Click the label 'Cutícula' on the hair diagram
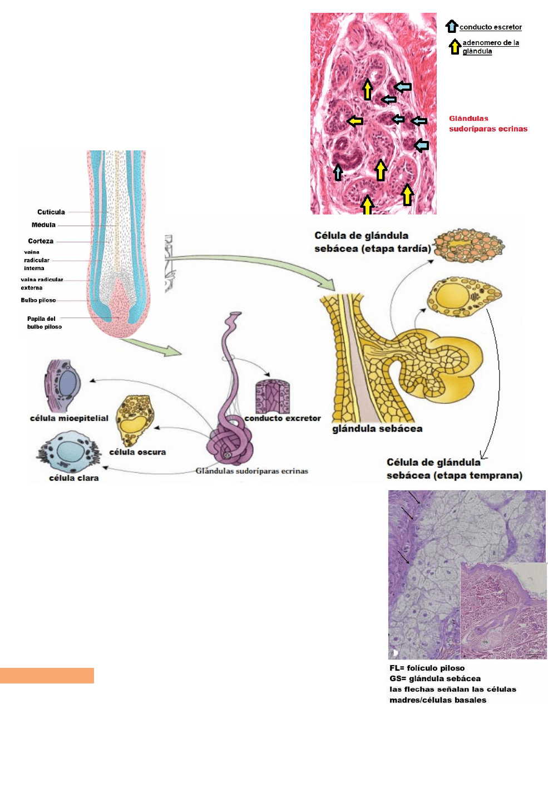[x=51, y=212]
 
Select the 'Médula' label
[x=43, y=225]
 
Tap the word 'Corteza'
[x=41, y=241]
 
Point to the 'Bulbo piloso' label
[x=38, y=300]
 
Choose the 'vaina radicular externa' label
[x=41, y=284]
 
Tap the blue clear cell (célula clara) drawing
[x=70, y=453]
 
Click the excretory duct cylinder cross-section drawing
[x=273, y=396]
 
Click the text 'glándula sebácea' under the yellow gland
[x=377, y=429]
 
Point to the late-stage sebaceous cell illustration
[x=468, y=245]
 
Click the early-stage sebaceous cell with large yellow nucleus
[x=463, y=295]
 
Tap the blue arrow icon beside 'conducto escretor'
[x=451, y=26]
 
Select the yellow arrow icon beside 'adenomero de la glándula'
[x=455, y=47]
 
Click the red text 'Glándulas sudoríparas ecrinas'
[x=488, y=124]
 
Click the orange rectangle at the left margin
[x=47, y=675]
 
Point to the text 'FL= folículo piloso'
[x=427, y=668]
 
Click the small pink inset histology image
[x=503, y=610]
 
